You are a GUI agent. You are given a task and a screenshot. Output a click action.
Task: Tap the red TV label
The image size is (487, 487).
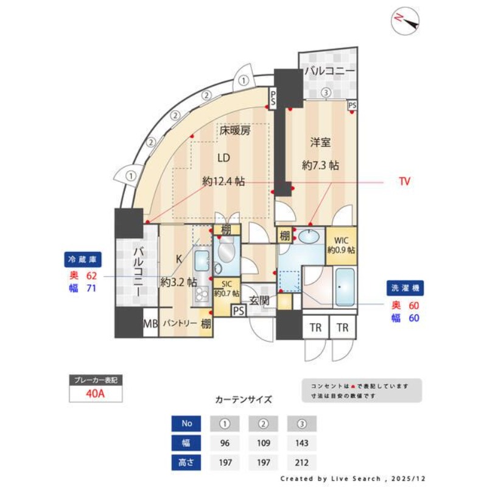[404, 181]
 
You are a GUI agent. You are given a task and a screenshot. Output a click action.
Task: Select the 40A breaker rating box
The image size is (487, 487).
[96, 393]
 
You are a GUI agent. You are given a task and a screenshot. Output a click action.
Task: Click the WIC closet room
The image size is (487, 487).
[342, 245]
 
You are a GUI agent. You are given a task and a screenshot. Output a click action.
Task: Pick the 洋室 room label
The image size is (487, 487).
[320, 142]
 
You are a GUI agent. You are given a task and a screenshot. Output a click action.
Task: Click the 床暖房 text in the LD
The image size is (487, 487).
[234, 130]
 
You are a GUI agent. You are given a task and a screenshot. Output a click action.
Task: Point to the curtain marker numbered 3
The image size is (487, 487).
[326, 93]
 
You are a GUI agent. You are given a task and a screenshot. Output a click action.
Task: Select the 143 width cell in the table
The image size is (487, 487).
[301, 443]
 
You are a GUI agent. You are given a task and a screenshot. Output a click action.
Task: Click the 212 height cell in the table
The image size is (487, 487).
[301, 463]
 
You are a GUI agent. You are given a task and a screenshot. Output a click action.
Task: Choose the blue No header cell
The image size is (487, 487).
[187, 423]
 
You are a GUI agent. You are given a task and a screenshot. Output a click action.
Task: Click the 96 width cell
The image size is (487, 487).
[226, 443]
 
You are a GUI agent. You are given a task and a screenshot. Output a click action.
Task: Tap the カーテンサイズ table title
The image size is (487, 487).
[243, 400]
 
